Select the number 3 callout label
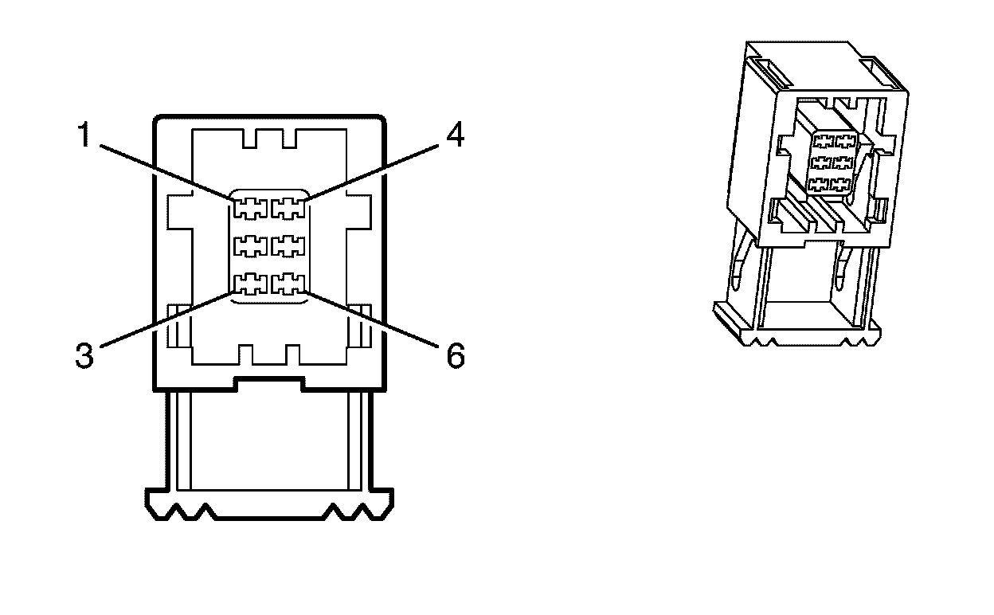(x=85, y=356)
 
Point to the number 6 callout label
(x=454, y=356)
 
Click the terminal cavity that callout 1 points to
(x=250, y=209)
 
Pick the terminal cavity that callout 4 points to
(x=288, y=209)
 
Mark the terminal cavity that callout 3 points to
(x=250, y=284)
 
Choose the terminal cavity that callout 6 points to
(x=288, y=284)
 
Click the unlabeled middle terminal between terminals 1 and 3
(x=250, y=246)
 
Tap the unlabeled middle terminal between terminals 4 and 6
(x=288, y=246)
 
